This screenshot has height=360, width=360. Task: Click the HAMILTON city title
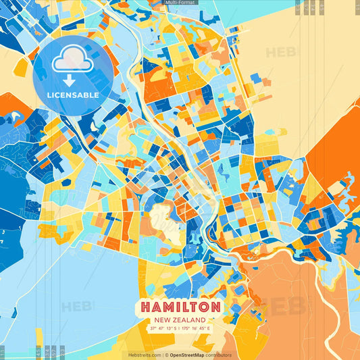[180, 307]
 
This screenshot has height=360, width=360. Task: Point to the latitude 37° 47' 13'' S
[163, 328]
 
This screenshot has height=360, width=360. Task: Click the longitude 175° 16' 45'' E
[197, 328]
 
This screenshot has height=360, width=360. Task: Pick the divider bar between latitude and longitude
[180, 328]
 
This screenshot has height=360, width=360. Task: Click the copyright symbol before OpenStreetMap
[166, 355]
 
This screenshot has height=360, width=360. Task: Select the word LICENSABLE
[73, 95]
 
